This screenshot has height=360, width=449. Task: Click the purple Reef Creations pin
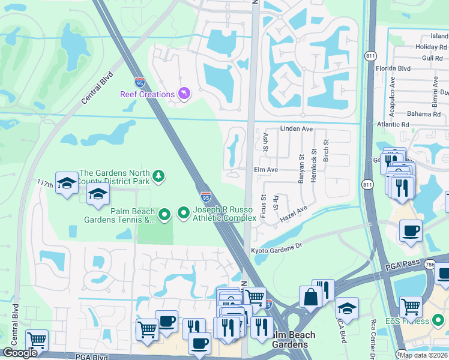184,94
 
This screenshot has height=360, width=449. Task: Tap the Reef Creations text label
147,94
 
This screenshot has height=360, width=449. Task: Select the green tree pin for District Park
158,176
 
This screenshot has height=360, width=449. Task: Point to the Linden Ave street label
297,129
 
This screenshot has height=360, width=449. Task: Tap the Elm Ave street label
265,170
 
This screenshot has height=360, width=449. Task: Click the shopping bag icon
311,296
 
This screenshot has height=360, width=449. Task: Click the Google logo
20,353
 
